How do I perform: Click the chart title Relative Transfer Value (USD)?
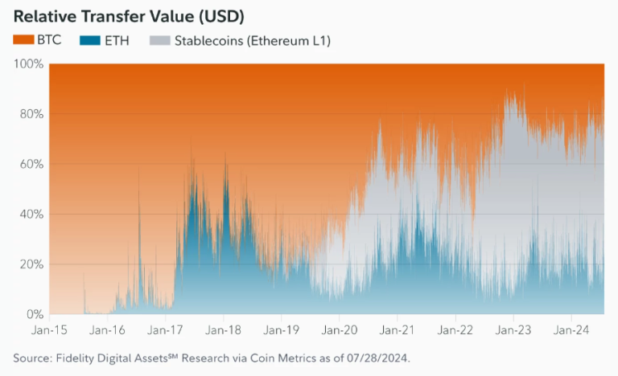129,16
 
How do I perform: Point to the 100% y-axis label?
27,63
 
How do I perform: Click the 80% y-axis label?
30,114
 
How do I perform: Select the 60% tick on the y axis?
30,164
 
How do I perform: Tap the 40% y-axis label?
30,215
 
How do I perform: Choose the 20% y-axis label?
30,264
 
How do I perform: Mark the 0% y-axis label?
33,314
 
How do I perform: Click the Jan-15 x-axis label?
49,329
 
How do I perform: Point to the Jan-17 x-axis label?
165,329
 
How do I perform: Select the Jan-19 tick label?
281,329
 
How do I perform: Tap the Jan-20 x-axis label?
339,329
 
